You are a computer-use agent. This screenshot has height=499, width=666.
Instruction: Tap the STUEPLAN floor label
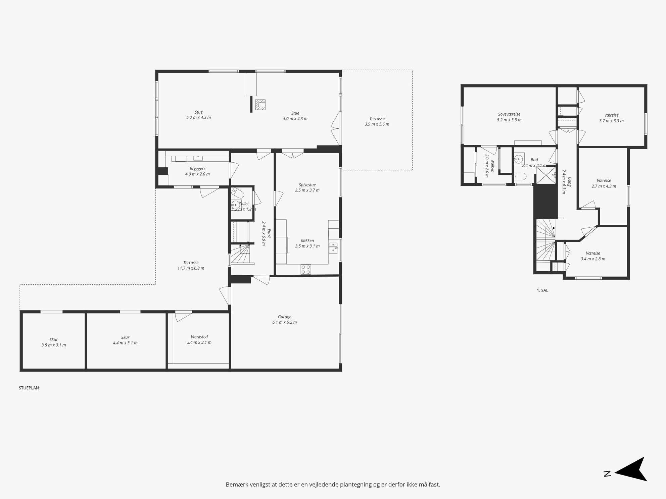pyautogui.click(x=29, y=388)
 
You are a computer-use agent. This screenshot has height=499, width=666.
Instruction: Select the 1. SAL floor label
pyautogui.click(x=542, y=290)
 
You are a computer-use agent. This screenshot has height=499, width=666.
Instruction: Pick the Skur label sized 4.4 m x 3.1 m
pyautogui.click(x=125, y=340)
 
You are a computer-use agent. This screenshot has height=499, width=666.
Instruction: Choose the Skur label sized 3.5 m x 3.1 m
pyautogui.click(x=54, y=342)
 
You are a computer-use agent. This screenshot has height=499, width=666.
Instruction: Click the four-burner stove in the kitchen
pyautogui.click(x=306, y=269)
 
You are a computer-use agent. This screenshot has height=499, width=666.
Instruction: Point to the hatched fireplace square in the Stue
pyautogui.click(x=260, y=104)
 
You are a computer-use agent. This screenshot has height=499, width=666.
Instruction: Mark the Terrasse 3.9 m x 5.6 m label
pyautogui.click(x=377, y=121)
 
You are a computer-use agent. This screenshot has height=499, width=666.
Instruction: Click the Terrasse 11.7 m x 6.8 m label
pyautogui.click(x=191, y=265)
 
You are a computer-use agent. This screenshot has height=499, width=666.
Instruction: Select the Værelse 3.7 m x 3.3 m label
pyautogui.click(x=611, y=118)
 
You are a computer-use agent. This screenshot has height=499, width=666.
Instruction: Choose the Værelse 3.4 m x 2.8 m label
pyautogui.click(x=593, y=256)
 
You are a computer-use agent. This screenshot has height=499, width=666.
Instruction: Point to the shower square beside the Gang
pyautogui.click(x=546, y=175)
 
